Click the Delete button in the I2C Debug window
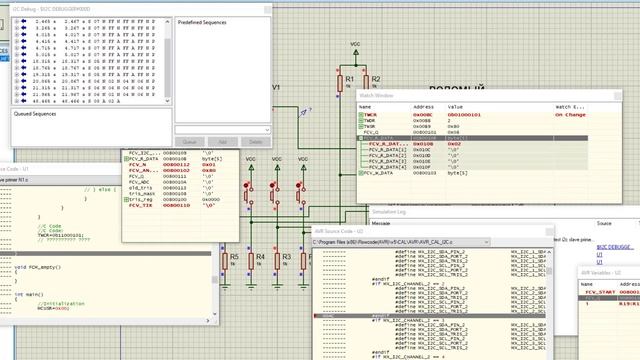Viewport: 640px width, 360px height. pyautogui.click(x=254, y=141)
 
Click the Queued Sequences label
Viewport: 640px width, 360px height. pyautogui.click(x=36, y=114)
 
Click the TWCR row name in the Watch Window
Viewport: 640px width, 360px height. pyautogui.click(x=373, y=115)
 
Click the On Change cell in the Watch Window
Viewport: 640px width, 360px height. pyautogui.click(x=571, y=115)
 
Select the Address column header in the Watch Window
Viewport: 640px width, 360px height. pyautogui.click(x=424, y=106)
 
